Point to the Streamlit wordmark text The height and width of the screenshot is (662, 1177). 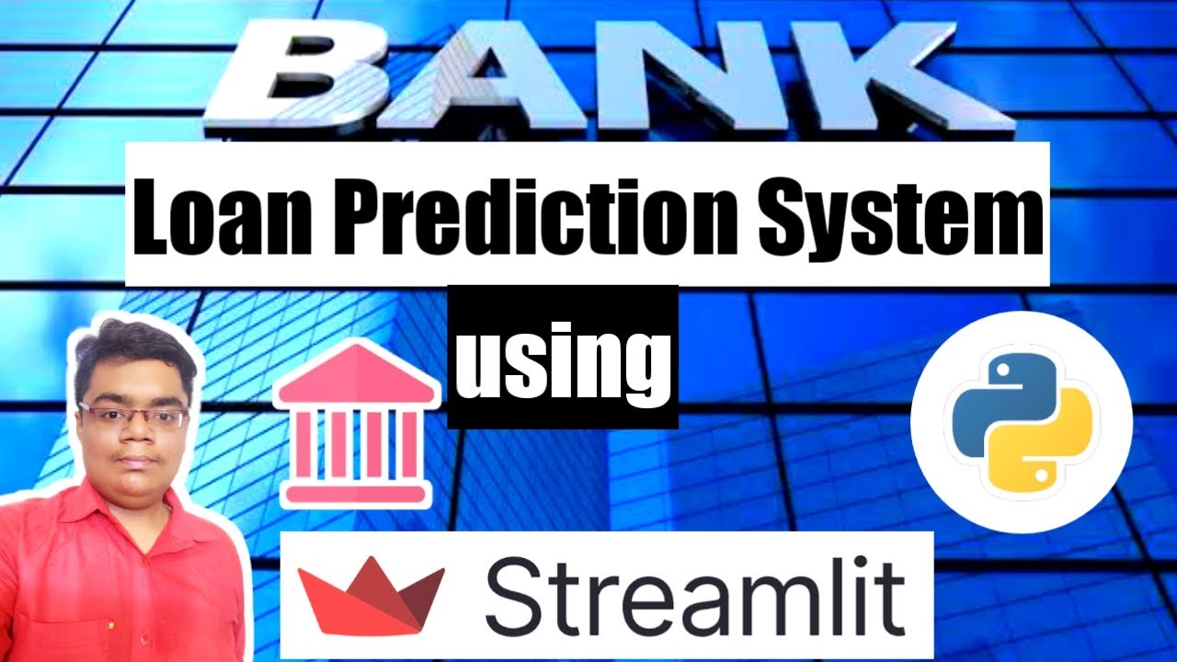click(694, 598)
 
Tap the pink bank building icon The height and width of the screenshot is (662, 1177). click(357, 424)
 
